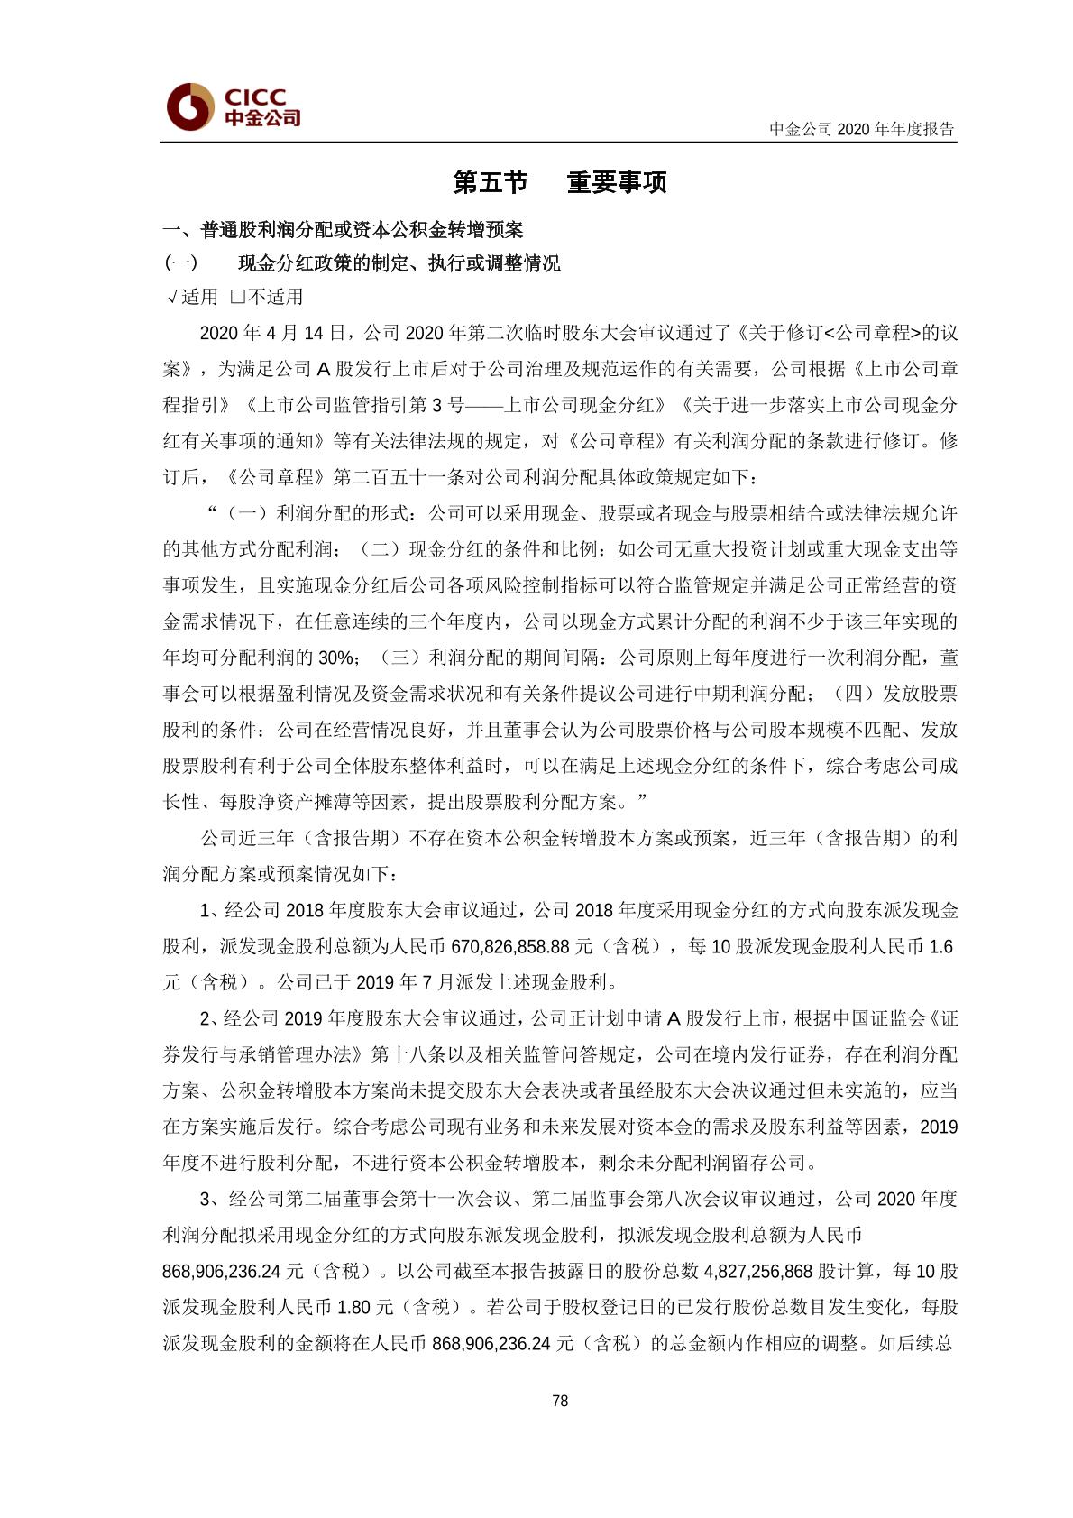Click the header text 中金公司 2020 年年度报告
coord(861,129)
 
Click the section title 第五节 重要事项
coord(559,182)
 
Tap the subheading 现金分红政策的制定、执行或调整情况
coord(399,263)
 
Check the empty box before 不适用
coord(238,297)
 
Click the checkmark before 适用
coord(171,298)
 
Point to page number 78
coord(560,1401)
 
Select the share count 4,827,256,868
coord(758,1271)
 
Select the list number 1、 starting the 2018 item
coord(208,910)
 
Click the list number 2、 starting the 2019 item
coord(208,1018)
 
